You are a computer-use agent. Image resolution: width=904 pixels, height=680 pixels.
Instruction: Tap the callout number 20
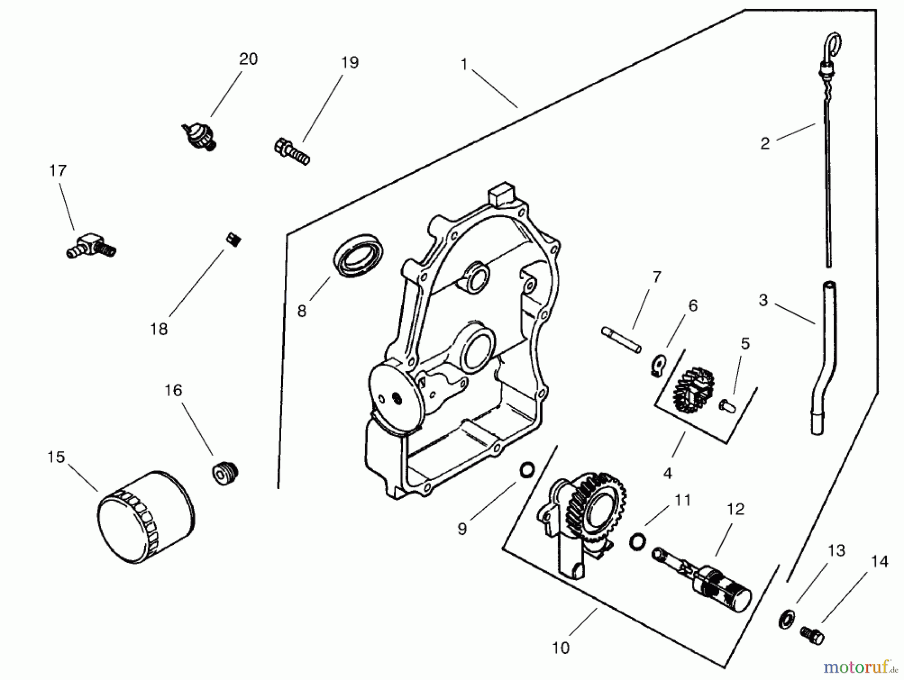coord(248,59)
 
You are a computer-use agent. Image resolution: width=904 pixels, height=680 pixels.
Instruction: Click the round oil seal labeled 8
coord(360,255)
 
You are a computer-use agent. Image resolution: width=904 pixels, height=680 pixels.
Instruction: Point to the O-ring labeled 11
coord(637,541)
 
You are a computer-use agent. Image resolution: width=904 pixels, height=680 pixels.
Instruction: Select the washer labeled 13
coord(785,618)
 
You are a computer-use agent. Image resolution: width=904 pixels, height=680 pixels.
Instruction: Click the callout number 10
coord(560,648)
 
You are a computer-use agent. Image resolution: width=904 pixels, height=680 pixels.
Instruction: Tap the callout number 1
coord(464,64)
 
